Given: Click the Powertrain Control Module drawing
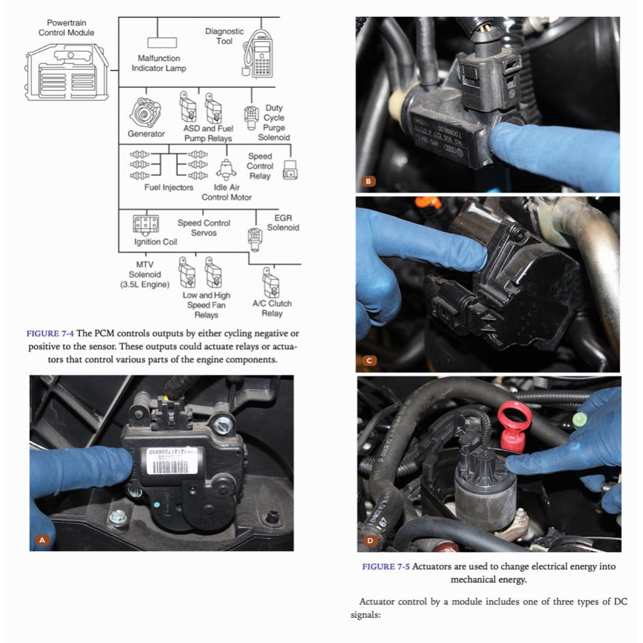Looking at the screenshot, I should coord(67,72).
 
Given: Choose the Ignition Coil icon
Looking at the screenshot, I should coord(146,224).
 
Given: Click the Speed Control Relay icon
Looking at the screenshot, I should coord(289,171).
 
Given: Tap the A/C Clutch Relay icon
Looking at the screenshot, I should coord(271,284).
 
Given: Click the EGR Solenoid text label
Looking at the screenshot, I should coord(283,223).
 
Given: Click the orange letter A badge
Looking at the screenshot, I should coord(43,539).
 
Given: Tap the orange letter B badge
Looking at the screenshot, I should coord(369,182).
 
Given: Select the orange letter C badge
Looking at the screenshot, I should coord(369,360).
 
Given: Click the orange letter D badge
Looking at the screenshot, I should coord(369,539).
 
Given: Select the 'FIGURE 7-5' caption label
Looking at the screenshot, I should coord(386,566).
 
